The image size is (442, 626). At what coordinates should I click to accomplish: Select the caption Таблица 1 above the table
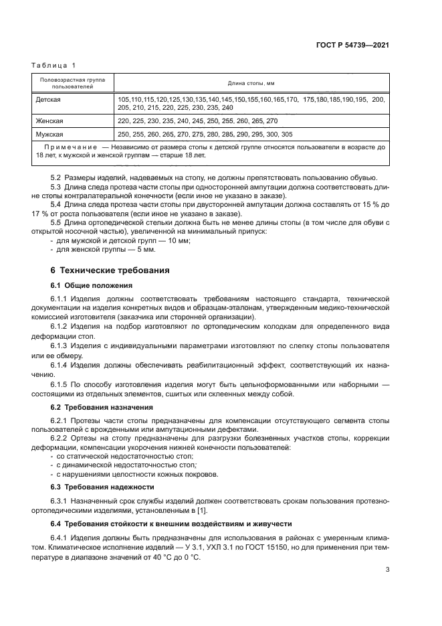click(x=54, y=65)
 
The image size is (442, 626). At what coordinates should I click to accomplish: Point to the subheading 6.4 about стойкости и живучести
click(x=160, y=524)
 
